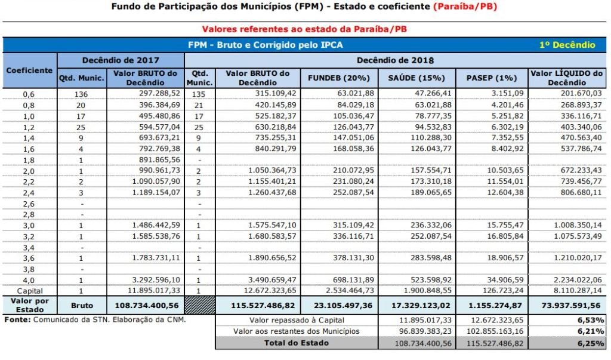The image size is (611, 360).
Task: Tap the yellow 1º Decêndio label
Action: (x=567, y=45)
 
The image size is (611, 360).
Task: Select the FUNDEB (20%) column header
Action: (x=339, y=78)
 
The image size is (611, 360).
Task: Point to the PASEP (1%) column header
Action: (x=490, y=78)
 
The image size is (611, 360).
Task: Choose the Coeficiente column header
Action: (x=29, y=70)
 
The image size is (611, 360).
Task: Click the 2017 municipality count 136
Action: (x=81, y=94)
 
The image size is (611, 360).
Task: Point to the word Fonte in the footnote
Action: (x=16, y=319)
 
